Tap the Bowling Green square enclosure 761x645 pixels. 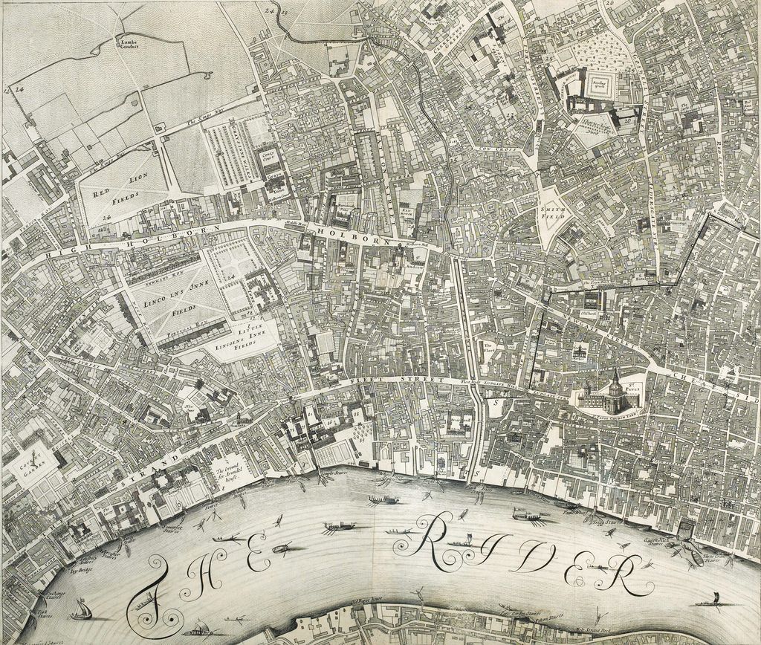coord(600,86)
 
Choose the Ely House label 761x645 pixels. coord(406,213)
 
